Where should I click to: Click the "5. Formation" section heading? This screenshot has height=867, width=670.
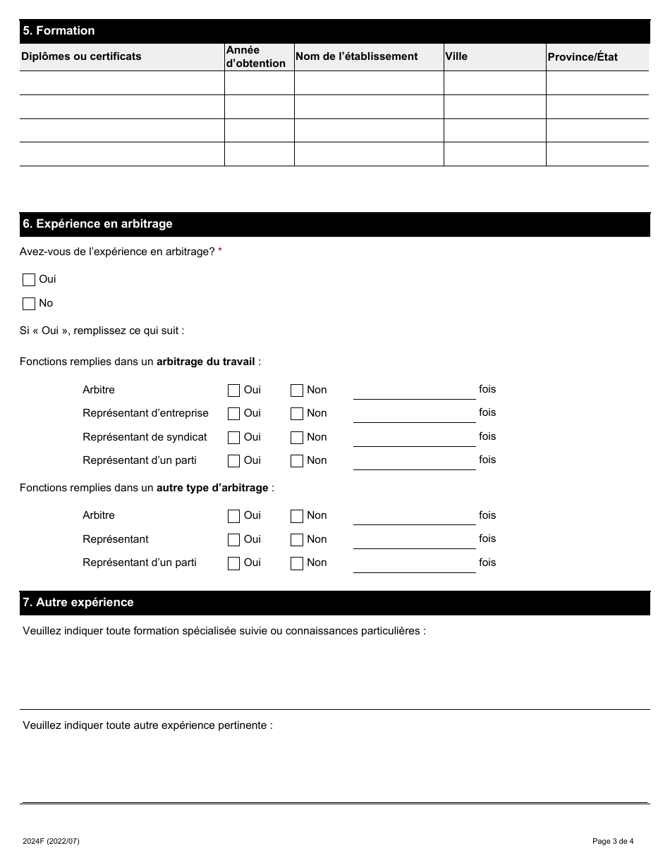59,31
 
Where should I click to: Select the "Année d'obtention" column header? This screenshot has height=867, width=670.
255,57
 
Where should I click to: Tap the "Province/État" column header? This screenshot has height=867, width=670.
582,57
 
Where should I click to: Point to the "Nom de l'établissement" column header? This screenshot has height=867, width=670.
356,56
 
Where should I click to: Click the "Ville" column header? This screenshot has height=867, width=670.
456,56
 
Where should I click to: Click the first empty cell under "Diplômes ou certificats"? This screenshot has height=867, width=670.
121,83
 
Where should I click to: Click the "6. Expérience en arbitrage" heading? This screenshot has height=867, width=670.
97,224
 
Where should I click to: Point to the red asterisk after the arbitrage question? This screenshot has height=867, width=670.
220,252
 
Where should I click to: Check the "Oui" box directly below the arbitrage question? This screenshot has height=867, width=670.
29,280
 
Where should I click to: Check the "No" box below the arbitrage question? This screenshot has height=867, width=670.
29,304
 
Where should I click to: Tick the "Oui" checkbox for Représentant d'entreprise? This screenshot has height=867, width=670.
233,414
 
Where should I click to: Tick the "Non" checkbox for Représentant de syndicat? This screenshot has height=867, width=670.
297,438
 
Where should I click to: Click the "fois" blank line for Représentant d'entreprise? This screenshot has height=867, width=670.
414,414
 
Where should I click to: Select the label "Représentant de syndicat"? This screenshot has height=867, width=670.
145,437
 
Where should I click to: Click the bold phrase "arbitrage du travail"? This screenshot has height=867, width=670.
205,362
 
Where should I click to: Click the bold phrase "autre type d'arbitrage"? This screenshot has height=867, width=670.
212,488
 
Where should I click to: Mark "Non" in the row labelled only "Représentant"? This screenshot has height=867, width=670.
297,540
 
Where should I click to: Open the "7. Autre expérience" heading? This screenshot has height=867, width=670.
78,603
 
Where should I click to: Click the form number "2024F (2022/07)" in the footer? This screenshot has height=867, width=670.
51,841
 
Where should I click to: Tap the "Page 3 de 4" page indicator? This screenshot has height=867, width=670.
613,841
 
